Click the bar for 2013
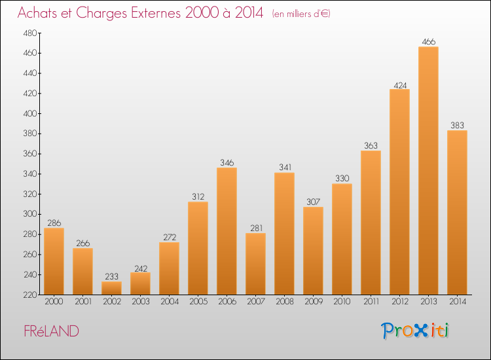(x=428, y=171)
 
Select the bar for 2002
(x=111, y=288)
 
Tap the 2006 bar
(x=227, y=231)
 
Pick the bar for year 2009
(x=313, y=251)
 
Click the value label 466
(x=428, y=42)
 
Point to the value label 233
(x=111, y=276)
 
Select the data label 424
(x=400, y=86)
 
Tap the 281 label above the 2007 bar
(x=256, y=228)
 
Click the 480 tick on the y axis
(x=30, y=33)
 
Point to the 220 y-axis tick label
(x=30, y=295)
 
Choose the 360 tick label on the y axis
(x=30, y=154)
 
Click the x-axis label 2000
(x=54, y=302)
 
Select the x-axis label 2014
(x=458, y=302)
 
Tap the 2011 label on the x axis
(x=371, y=302)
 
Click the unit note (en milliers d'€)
(x=301, y=14)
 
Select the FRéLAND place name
(x=51, y=331)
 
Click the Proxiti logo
(x=415, y=331)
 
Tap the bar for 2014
(x=457, y=213)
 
